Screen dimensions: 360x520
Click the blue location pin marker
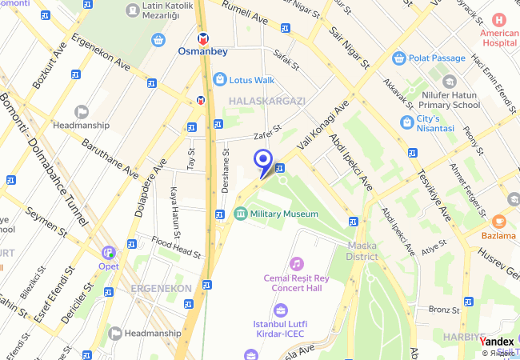pos(262,162)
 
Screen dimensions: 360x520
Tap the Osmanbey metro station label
pos(203,52)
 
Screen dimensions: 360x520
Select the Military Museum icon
pos(240,214)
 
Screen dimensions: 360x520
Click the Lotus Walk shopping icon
pos(220,79)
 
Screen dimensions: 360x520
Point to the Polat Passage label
pos(438,58)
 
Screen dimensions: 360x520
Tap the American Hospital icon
pos(499,19)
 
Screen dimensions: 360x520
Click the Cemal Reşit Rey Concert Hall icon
pos(297,263)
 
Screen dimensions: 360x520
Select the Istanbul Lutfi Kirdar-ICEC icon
pos(280,310)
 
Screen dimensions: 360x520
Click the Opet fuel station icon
pos(108,252)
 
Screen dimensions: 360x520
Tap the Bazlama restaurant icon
pos(498,221)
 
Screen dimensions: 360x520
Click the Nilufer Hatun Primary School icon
pos(449,82)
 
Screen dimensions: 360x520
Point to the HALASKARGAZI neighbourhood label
pos(267,101)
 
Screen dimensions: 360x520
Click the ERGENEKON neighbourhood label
pos(161,288)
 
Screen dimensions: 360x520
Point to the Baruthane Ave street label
pos(110,159)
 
